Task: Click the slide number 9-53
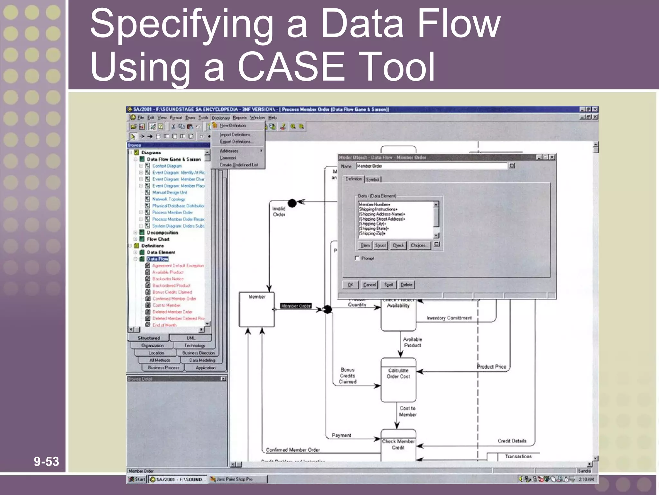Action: pyautogui.click(x=46, y=461)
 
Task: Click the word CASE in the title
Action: pyautogui.click(x=291, y=67)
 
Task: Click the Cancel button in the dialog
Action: pyautogui.click(x=369, y=285)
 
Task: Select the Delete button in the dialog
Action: pyautogui.click(x=406, y=285)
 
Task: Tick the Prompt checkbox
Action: pyautogui.click(x=357, y=258)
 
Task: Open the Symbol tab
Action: pyautogui.click(x=373, y=180)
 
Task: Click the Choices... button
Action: pyautogui.click(x=419, y=246)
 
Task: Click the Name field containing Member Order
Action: pyautogui.click(x=431, y=166)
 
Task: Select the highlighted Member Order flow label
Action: pyautogui.click(x=296, y=306)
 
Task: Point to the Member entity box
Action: pyautogui.click(x=256, y=309)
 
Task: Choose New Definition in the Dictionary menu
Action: pyautogui.click(x=233, y=125)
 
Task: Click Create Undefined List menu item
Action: pyautogui.click(x=238, y=165)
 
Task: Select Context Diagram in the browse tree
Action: pyautogui.click(x=167, y=166)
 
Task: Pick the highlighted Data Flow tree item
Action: pyautogui.click(x=158, y=259)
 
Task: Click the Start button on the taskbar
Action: pyautogui.click(x=137, y=479)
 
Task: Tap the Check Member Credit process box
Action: pyautogui.click(x=398, y=445)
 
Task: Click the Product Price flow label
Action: pyautogui.click(x=491, y=367)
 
